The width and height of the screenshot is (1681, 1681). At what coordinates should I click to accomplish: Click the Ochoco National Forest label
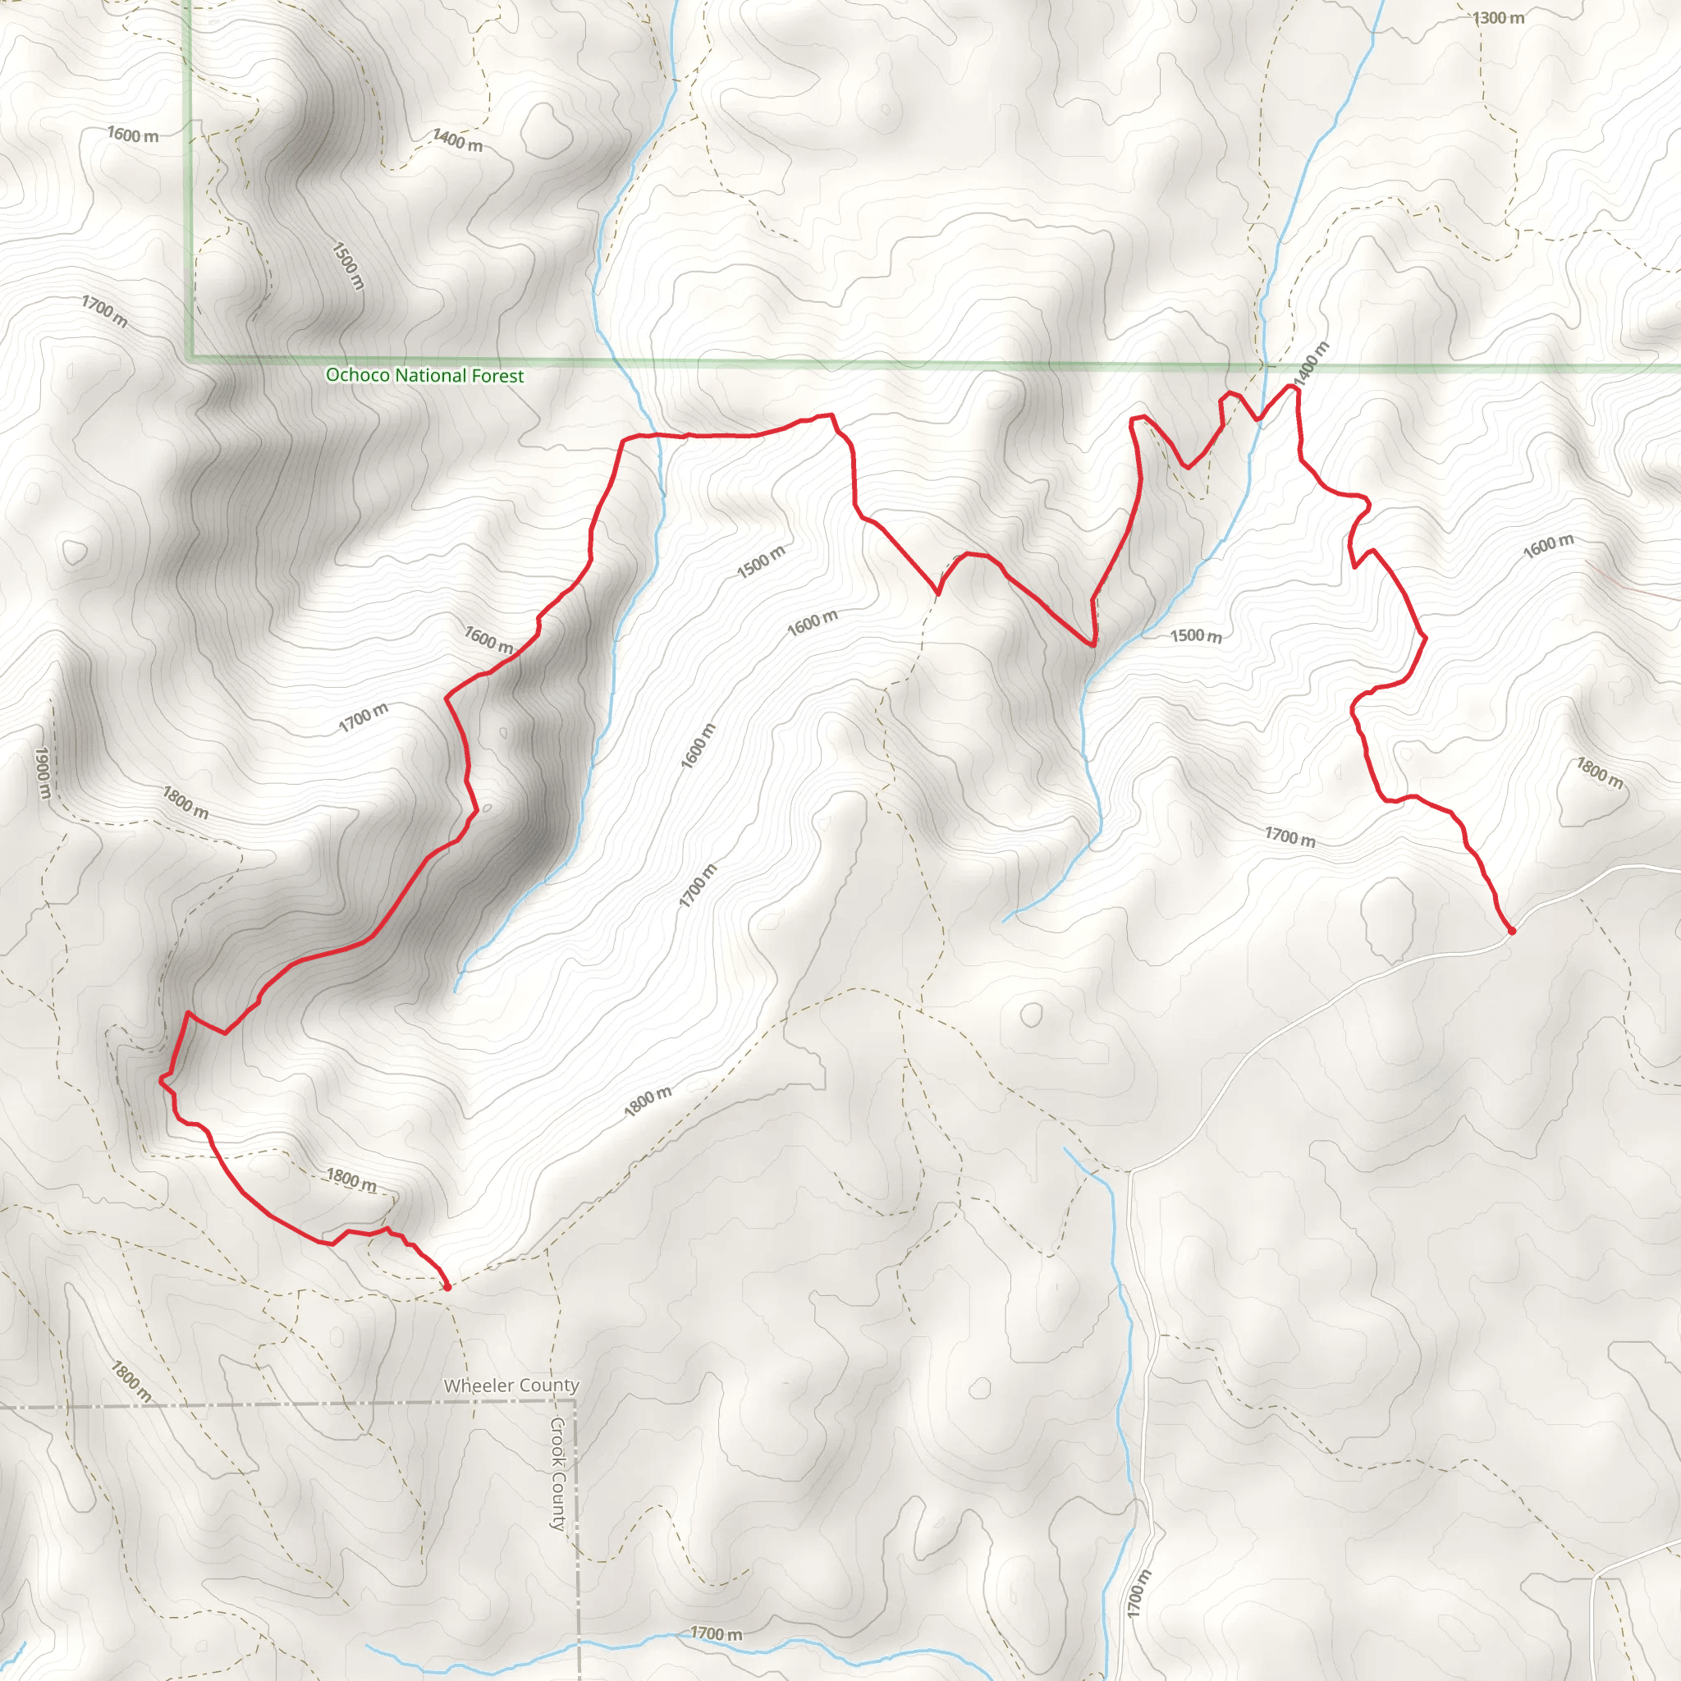tap(424, 376)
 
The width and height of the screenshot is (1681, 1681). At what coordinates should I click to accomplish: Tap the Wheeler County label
tap(511, 1386)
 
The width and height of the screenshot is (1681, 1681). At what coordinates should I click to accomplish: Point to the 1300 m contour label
tap(1498, 18)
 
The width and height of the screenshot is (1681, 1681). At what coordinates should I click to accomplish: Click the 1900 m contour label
tap(43, 772)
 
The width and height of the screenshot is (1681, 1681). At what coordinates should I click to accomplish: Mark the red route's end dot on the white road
tap(1511, 931)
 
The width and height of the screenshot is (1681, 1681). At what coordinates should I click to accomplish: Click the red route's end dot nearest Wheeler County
tap(447, 1287)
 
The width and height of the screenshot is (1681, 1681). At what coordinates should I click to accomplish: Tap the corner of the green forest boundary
tap(190, 357)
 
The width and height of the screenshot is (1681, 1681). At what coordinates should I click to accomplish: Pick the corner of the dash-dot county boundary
tap(575, 1404)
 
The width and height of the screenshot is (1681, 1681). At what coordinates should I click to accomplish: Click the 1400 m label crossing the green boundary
tap(1311, 364)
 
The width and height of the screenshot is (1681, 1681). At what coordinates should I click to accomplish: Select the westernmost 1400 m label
tap(458, 140)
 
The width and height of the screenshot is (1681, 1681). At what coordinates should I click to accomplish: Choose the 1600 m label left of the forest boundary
tap(133, 135)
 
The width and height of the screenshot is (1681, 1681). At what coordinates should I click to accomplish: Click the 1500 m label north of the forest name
tap(348, 265)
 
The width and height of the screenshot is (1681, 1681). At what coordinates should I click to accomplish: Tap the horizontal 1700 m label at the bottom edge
tap(716, 1634)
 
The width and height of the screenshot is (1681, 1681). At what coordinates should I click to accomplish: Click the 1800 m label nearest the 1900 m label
tap(186, 802)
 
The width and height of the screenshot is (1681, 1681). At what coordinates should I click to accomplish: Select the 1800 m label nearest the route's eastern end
tap(1599, 772)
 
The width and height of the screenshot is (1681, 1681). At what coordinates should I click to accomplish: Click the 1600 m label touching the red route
tap(489, 639)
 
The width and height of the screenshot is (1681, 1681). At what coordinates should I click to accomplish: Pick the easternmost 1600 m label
tap(1548, 547)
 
